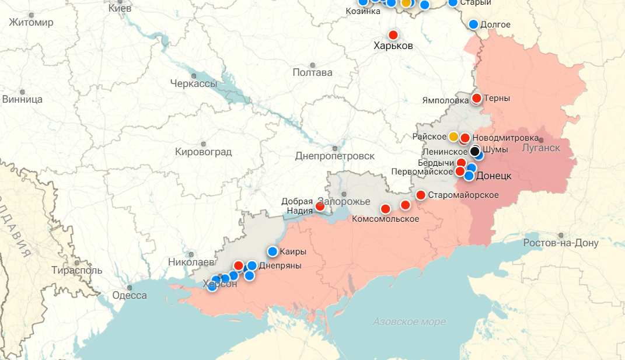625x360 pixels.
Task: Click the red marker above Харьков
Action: pyautogui.click(x=393, y=35)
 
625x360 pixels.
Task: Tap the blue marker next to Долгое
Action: pyautogui.click(x=474, y=24)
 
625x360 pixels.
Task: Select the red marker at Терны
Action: pyautogui.click(x=477, y=98)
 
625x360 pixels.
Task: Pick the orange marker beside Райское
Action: pyautogui.click(x=453, y=137)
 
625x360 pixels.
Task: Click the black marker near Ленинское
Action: pyautogui.click(x=475, y=151)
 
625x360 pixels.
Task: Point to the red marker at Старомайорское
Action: pyautogui.click(x=421, y=195)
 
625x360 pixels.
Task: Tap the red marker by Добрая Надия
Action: pyautogui.click(x=320, y=206)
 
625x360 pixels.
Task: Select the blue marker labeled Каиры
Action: pyautogui.click(x=273, y=251)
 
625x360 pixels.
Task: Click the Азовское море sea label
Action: pyautogui.click(x=409, y=321)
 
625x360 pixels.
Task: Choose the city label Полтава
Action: pyautogui.click(x=312, y=72)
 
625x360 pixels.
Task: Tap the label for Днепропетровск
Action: pyautogui.click(x=334, y=156)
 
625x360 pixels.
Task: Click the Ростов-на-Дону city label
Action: pyautogui.click(x=560, y=243)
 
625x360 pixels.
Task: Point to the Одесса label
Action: pyautogui.click(x=129, y=295)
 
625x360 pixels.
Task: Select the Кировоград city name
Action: pyautogui.click(x=203, y=152)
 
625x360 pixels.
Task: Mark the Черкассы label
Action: pyautogui.click(x=193, y=83)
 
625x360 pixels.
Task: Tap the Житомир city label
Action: pyautogui.click(x=31, y=23)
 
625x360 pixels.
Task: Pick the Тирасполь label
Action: pyautogui.click(x=76, y=270)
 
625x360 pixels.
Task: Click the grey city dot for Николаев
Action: pyautogui.click(x=191, y=254)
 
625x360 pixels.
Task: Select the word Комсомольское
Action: pyautogui.click(x=386, y=219)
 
